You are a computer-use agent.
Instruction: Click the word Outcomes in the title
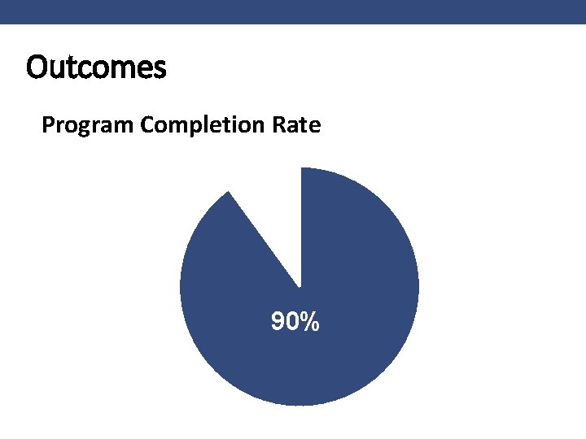point(96,67)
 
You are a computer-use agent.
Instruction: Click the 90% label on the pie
point(295,323)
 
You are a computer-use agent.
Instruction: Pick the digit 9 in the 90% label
point(278,323)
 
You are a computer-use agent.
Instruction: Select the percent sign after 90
point(308,323)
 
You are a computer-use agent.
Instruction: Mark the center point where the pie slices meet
point(300,287)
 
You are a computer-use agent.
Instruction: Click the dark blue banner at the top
point(293,11)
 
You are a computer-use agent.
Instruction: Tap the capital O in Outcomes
point(37,67)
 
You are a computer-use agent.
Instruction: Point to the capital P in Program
point(47,125)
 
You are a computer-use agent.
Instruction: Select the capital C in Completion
point(147,125)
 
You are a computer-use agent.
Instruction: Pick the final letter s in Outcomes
point(160,68)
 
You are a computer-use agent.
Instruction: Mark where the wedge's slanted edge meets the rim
point(230,191)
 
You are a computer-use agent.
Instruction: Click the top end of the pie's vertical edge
point(301,168)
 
